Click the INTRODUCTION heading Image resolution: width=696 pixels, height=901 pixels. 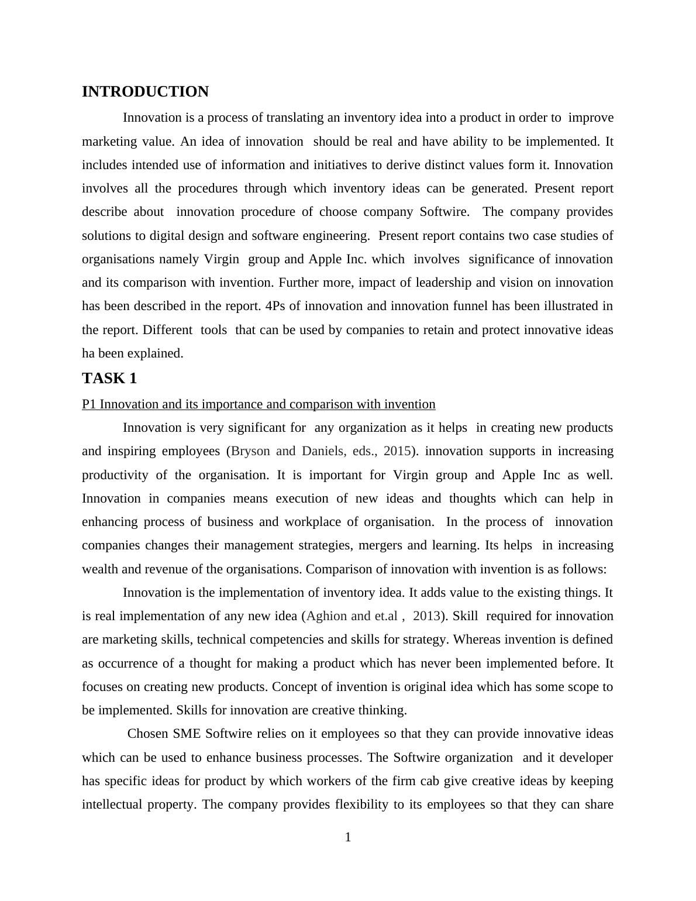[145, 92]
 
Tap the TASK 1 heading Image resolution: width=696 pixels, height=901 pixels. [109, 379]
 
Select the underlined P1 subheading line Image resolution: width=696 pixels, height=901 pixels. [259, 404]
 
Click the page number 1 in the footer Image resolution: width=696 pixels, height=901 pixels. [348, 837]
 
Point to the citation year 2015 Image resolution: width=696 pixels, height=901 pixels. [397, 451]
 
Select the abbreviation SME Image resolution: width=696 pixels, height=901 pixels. [188, 734]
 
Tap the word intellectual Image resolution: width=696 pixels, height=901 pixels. [112, 804]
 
